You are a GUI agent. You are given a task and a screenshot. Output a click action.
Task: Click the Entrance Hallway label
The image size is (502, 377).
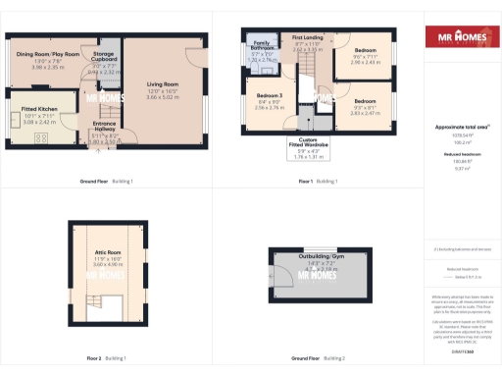point(105,125)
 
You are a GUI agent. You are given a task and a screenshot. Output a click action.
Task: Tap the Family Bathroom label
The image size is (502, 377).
point(262,45)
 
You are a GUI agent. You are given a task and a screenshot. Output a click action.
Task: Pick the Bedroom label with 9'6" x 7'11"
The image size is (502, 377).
point(366,49)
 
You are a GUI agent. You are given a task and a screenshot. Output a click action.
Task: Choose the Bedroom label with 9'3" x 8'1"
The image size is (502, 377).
point(365,101)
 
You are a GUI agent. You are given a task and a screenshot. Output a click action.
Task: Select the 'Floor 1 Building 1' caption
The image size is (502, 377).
point(319,182)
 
